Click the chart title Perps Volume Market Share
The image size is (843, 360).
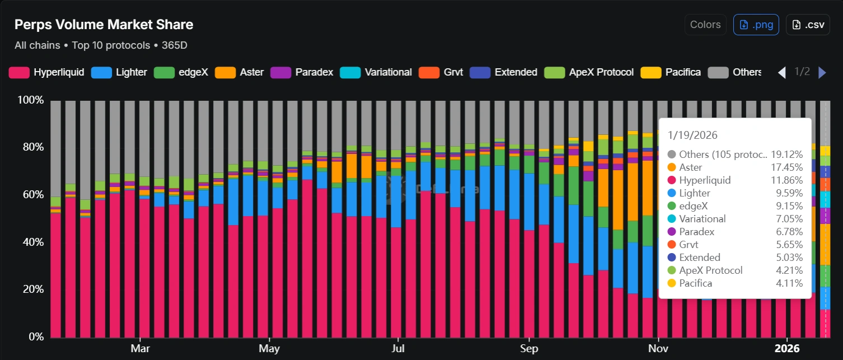pos(104,25)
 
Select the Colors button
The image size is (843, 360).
pos(705,25)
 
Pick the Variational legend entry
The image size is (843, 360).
pos(378,72)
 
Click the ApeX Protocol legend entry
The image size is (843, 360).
pos(592,72)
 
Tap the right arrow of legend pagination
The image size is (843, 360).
pos(822,72)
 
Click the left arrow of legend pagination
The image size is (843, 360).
pos(783,72)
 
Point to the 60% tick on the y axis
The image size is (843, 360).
pos(31,195)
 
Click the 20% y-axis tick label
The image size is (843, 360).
pos(31,289)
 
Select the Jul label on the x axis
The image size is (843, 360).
pos(397,349)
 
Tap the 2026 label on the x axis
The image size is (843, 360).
pos(786,349)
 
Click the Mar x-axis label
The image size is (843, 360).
pos(139,349)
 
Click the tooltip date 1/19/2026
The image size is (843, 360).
pos(692,135)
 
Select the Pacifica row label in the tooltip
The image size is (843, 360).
pos(695,283)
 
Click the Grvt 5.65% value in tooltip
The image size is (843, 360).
pos(789,245)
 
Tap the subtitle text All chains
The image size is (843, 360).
pos(37,45)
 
